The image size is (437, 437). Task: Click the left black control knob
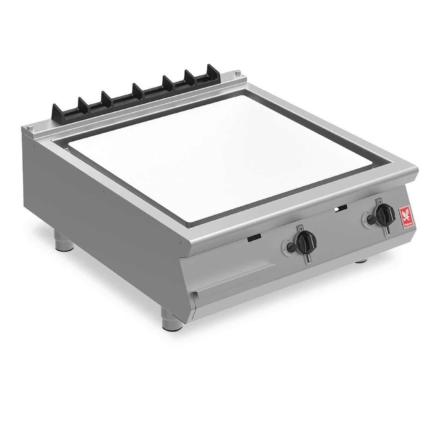pyautogui.click(x=306, y=240)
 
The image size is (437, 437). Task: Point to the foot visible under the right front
pyautogui.click(x=361, y=261)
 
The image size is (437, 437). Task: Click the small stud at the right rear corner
pyautogui.click(x=237, y=72)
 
